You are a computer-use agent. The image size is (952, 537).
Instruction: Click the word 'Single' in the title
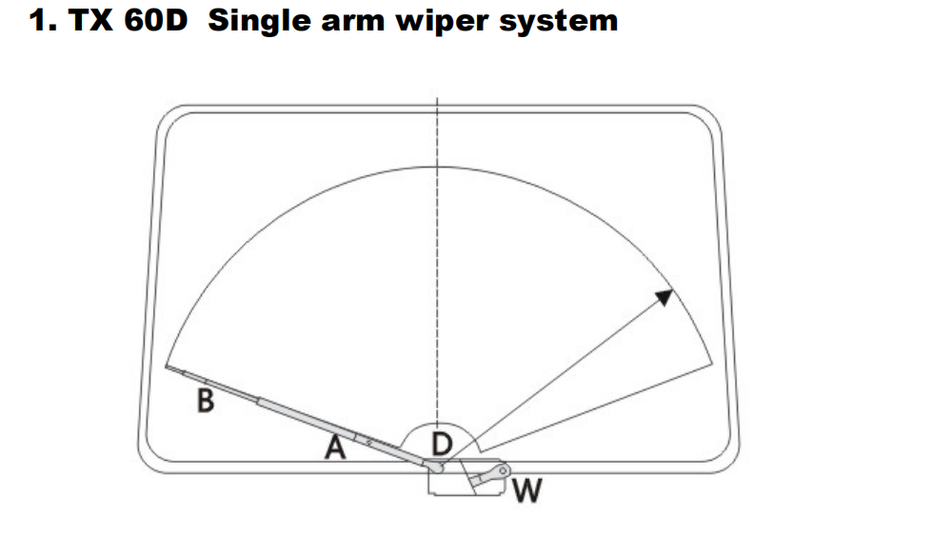coord(259,20)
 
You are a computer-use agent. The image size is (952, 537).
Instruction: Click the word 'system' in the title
coord(564,20)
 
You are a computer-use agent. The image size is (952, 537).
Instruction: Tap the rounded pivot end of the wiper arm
coord(439,467)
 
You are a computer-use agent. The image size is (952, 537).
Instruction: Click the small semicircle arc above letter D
coord(437,424)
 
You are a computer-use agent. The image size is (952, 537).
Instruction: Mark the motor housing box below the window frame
coord(447,484)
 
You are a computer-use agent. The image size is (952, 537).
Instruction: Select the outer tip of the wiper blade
coord(166,365)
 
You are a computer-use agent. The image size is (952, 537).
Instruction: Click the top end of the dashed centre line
coord(437,97)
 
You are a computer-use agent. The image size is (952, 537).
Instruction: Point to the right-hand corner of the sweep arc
coord(711,360)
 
